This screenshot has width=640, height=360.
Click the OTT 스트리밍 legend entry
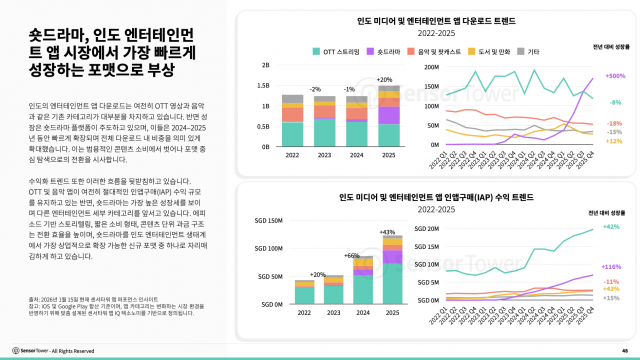[x=340, y=49]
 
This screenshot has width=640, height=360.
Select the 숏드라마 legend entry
[x=390, y=49]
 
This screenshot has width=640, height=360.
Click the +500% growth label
[x=615, y=76]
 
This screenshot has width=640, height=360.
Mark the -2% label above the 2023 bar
[x=315, y=89]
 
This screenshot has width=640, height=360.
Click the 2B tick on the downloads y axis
[x=266, y=65]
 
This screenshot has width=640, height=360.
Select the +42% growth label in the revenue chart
[x=615, y=228]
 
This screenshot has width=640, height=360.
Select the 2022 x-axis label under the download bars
[x=292, y=156]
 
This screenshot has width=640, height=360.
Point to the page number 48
[x=624, y=349]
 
